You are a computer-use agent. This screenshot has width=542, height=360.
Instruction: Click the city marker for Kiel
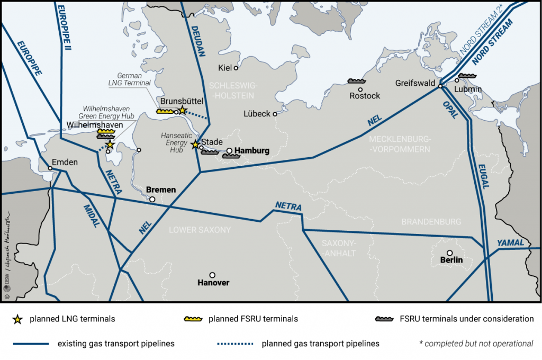236,68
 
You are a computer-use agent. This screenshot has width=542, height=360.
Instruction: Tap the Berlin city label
451,260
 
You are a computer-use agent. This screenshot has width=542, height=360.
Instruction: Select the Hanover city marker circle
212,275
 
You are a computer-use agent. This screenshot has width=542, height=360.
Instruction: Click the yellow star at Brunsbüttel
182,110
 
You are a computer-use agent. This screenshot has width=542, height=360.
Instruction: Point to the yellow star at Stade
195,144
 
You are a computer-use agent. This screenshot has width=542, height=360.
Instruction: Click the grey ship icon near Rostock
357,81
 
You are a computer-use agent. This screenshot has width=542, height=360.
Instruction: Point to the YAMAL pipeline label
510,243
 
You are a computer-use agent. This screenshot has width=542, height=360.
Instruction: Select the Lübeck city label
257,113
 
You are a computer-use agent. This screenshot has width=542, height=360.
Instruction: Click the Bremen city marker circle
152,200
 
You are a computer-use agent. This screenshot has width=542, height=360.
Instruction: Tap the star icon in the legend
18,319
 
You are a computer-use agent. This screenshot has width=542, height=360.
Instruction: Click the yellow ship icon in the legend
193,319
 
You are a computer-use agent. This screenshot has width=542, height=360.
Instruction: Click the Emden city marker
50,168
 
